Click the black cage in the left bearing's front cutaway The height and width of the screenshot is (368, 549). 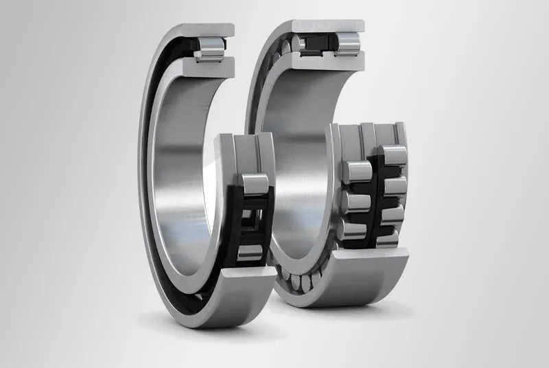point(237,220)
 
